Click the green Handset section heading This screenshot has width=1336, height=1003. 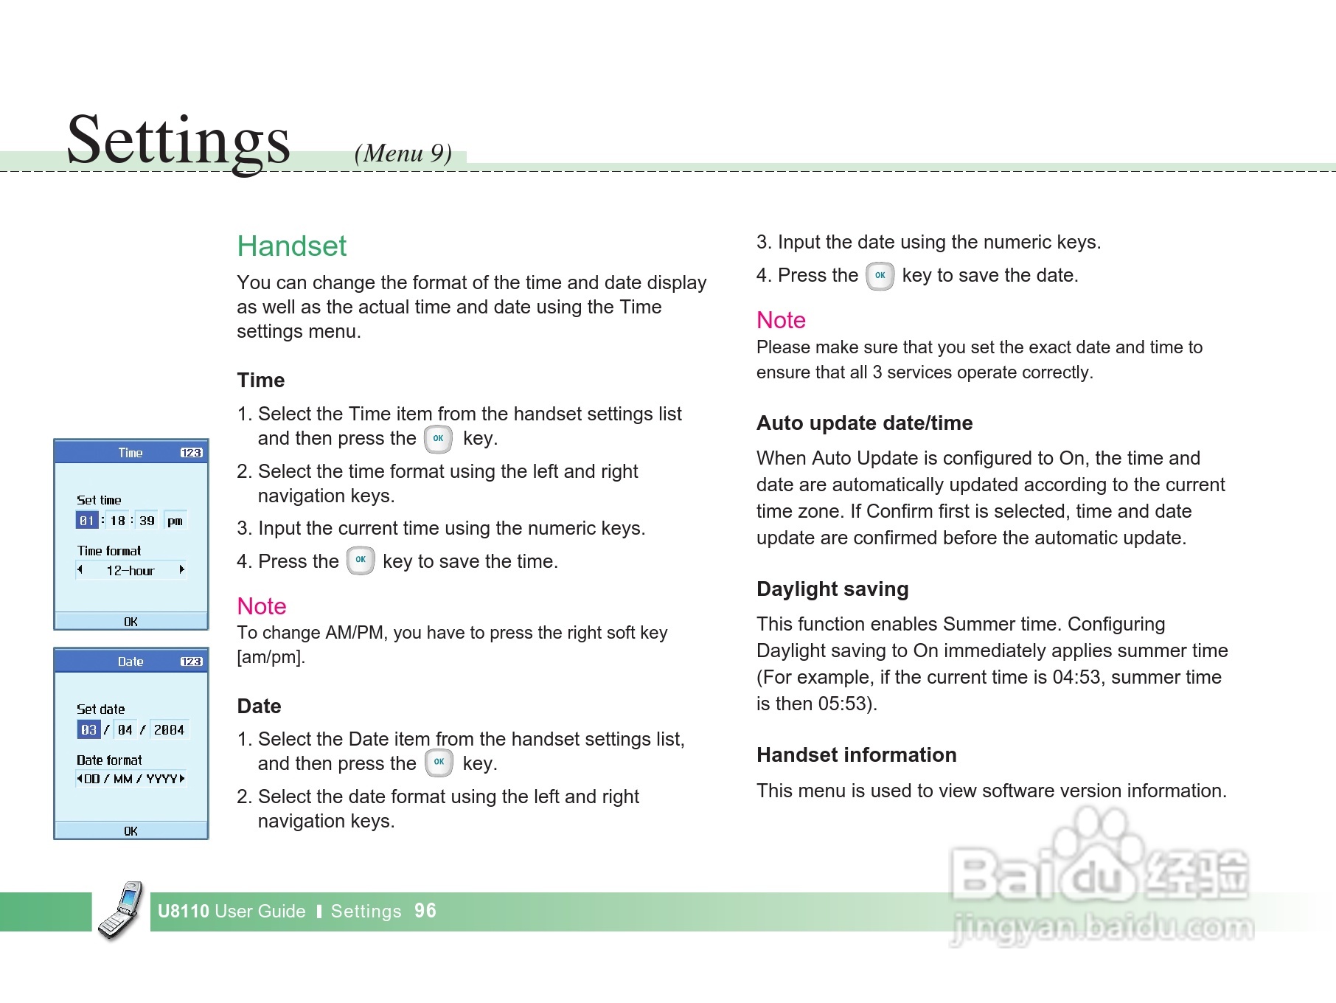point(291,246)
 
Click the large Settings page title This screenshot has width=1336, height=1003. point(178,142)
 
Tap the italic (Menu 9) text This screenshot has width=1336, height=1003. point(403,153)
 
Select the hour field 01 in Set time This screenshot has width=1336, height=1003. point(87,521)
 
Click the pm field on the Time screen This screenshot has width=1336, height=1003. point(175,521)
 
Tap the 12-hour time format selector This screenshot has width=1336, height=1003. point(131,570)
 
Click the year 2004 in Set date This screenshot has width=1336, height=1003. point(169,729)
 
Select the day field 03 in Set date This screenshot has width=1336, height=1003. point(88,729)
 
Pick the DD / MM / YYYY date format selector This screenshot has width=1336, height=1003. point(131,779)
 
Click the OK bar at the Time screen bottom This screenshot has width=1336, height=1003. point(131,622)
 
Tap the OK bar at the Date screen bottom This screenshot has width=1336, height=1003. point(131,831)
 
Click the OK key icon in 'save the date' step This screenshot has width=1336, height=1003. point(880,276)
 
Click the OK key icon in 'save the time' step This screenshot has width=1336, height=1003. point(361,560)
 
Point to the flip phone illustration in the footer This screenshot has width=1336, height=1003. point(122,910)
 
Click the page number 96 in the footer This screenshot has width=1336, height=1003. point(425,911)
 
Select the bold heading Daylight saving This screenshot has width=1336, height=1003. point(832,589)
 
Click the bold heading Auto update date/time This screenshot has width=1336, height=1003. point(864,423)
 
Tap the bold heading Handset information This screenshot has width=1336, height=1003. point(857,755)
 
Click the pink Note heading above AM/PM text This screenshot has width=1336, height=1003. point(262,606)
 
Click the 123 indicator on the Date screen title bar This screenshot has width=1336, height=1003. point(192,662)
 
